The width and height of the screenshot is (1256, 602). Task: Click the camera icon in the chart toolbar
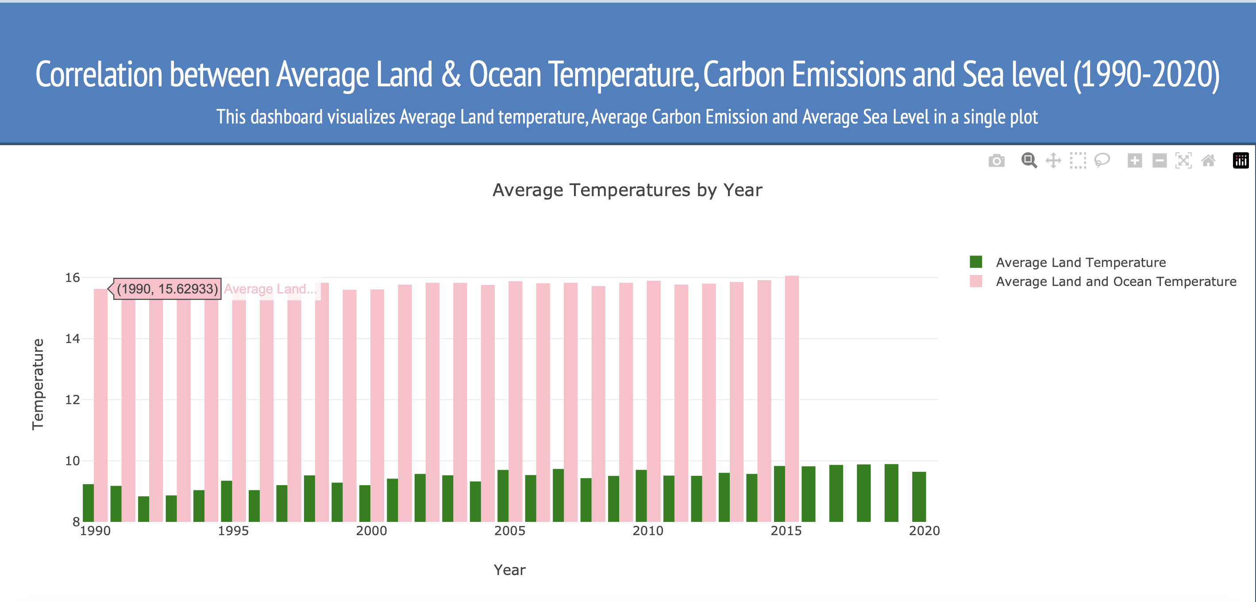[996, 161]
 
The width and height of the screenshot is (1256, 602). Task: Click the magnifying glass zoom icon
[1029, 161]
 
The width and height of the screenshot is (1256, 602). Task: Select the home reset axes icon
[1208, 161]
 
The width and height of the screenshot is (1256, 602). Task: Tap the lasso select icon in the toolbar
[1102, 161]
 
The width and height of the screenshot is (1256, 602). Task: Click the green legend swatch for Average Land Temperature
[976, 262]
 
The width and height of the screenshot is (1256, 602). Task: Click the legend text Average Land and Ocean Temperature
[1116, 282]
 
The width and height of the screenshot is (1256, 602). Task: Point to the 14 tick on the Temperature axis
[72, 339]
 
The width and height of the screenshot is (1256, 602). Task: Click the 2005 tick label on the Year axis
[509, 531]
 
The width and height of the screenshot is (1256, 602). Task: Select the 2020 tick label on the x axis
[924, 531]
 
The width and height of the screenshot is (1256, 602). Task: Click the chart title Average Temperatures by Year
[627, 190]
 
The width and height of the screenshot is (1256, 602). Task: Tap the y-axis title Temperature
[38, 384]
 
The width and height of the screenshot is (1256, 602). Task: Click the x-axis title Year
[509, 570]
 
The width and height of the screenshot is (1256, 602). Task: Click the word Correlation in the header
[99, 75]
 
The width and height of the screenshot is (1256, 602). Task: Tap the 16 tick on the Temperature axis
[72, 278]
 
